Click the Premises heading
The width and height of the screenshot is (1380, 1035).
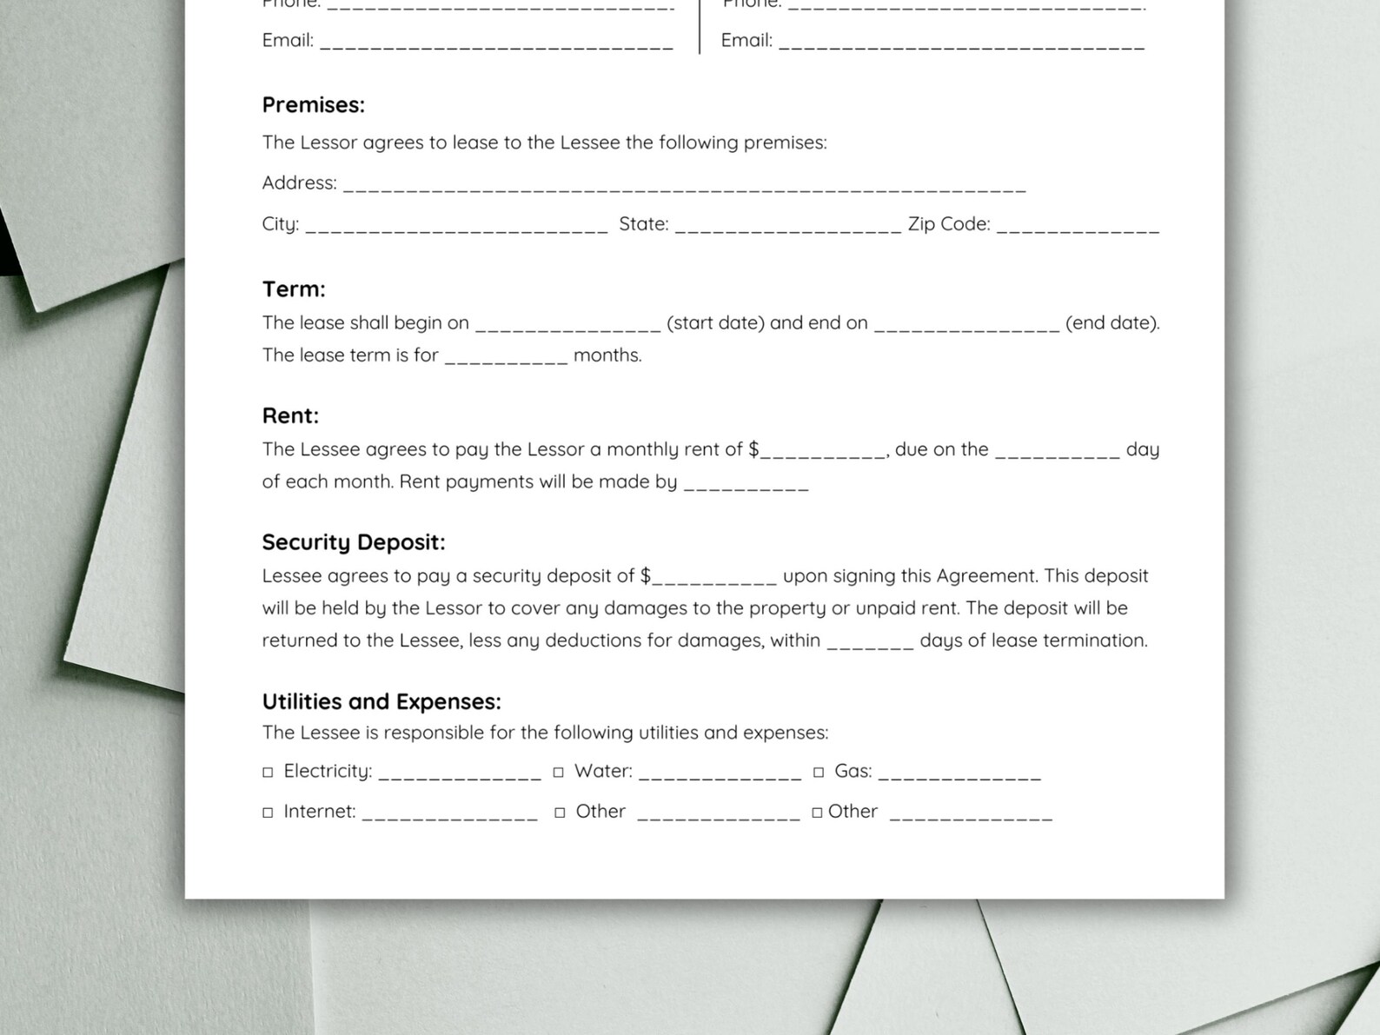pos(313,105)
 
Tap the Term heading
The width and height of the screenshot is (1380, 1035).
pos(294,289)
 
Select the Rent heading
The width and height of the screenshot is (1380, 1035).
pos(290,416)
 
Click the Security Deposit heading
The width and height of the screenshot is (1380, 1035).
pos(353,543)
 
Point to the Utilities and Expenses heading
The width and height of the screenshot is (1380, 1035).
pos(381,702)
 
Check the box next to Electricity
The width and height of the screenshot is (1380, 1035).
pos(268,773)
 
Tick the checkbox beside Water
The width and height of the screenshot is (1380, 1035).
pos(559,773)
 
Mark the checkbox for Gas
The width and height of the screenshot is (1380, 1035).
pos(819,773)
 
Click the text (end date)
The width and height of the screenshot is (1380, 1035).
pos(1112,323)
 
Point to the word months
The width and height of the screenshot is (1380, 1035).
pos(607,355)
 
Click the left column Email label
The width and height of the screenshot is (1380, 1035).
pos(288,41)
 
